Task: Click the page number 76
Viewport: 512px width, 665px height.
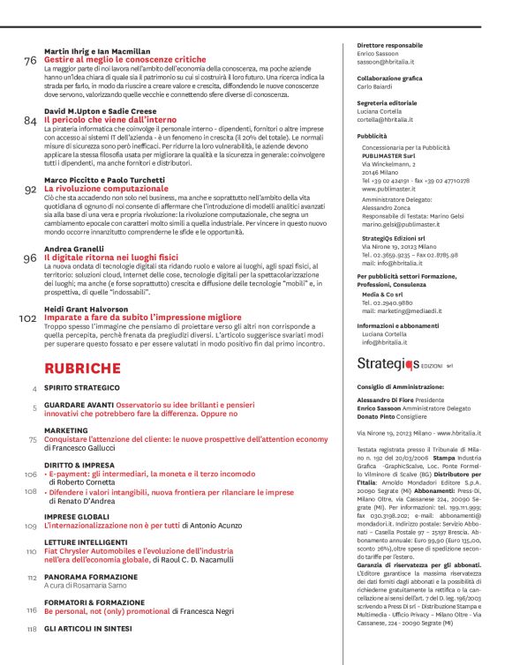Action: pos(31,62)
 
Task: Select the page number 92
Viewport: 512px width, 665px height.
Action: pos(31,190)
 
